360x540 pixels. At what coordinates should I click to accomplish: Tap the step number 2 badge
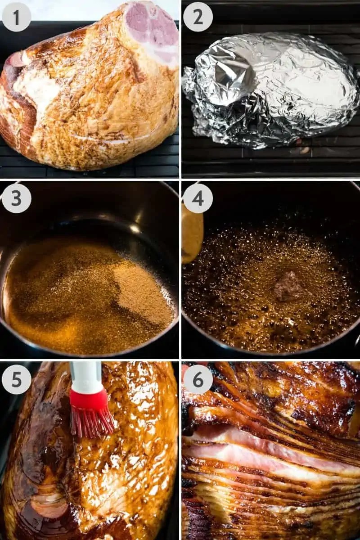[198, 17]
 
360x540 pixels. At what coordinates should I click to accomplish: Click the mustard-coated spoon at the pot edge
[193, 234]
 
